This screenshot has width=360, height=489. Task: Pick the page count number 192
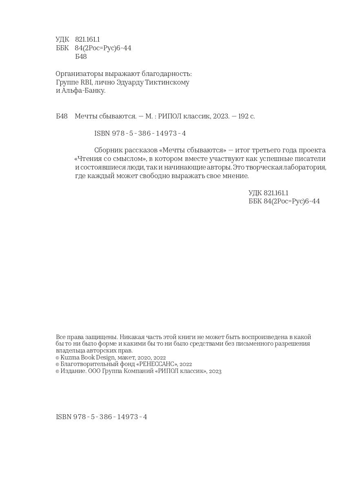(243, 116)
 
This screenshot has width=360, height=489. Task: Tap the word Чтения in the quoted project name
(88, 159)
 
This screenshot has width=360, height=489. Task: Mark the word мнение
(235, 176)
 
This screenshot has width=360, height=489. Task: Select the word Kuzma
(69, 357)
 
